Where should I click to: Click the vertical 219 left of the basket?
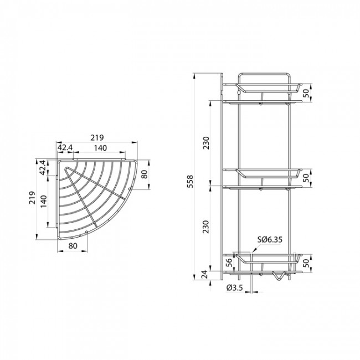(33, 199)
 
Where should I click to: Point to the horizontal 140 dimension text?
(100, 148)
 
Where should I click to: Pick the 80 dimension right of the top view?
(145, 175)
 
